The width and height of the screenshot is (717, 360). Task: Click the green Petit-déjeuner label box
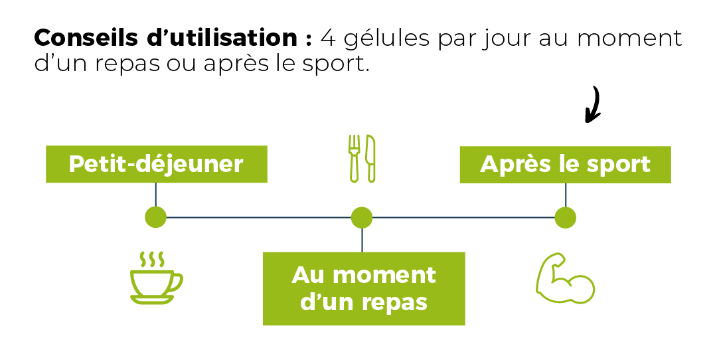[x=156, y=164]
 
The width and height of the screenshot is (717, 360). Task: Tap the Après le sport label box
[x=565, y=164]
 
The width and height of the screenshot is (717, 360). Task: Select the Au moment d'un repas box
[x=364, y=288]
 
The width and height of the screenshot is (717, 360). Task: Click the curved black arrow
[x=593, y=105]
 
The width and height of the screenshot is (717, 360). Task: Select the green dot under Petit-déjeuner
[x=155, y=217]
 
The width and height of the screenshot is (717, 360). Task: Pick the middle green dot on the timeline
[x=362, y=217]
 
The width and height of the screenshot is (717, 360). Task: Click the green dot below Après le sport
[x=565, y=217]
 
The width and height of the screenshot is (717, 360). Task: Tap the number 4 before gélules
[x=327, y=38]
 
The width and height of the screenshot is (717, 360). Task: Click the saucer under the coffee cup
[x=152, y=300]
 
